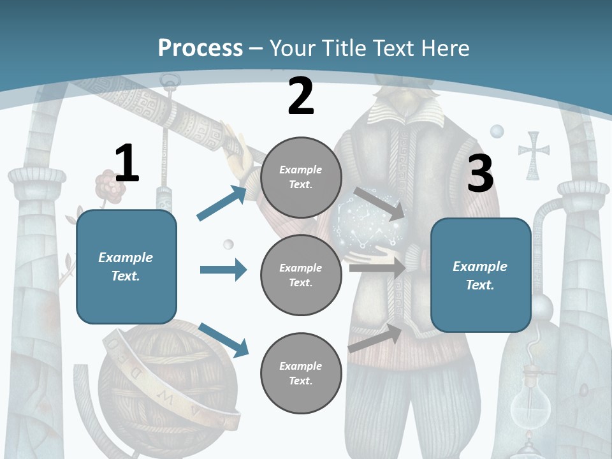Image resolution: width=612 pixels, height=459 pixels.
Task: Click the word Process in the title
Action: pos(200,48)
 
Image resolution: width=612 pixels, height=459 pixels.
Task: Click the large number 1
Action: pos(127,164)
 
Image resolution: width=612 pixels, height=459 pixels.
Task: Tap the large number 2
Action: pos(301,96)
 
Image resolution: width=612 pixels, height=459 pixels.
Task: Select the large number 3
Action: pos(480,174)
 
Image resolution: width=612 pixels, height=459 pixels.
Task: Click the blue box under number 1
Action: pos(126,266)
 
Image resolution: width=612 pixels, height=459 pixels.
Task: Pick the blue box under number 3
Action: pos(481,275)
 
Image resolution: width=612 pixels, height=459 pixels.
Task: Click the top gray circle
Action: pos(301,177)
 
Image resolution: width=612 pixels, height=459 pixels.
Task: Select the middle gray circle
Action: pos(301,275)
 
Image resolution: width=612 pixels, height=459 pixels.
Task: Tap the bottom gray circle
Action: pos(301,373)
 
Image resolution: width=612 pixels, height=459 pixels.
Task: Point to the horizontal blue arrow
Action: pos(223,270)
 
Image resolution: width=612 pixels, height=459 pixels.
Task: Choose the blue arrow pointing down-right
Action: pos(223,339)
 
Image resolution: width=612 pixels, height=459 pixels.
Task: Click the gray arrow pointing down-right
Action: pos(379,203)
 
